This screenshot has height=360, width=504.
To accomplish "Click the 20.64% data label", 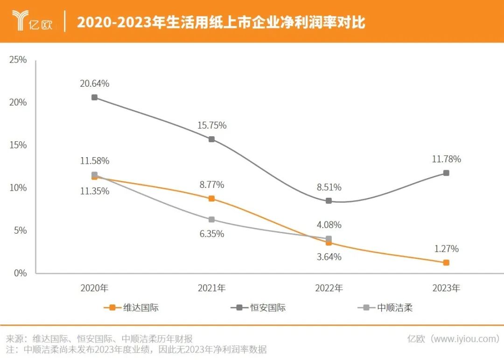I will tap(95, 84).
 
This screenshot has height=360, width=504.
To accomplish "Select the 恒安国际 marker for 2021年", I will tap(211, 139).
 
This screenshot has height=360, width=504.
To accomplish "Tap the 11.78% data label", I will tap(446, 159).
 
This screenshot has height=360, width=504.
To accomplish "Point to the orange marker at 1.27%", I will tap(446, 263).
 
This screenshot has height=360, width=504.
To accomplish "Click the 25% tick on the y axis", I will tap(18, 60).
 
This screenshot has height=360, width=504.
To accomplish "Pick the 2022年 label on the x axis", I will tap(329, 288).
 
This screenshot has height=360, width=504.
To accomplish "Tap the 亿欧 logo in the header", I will tap(33, 21).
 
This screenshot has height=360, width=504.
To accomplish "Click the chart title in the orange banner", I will tap(221, 22).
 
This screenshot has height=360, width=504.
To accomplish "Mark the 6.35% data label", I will tap(212, 234).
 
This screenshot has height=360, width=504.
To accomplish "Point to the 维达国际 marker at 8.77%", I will tap(211, 199).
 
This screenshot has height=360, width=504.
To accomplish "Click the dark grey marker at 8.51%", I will tap(329, 201).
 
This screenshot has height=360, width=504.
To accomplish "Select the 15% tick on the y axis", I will tap(18, 145).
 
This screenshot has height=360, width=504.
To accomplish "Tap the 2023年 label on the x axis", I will tap(446, 288).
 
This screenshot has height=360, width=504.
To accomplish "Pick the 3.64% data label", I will tap(329, 257).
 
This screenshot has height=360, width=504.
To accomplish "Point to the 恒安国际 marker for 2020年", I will tap(94, 97).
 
